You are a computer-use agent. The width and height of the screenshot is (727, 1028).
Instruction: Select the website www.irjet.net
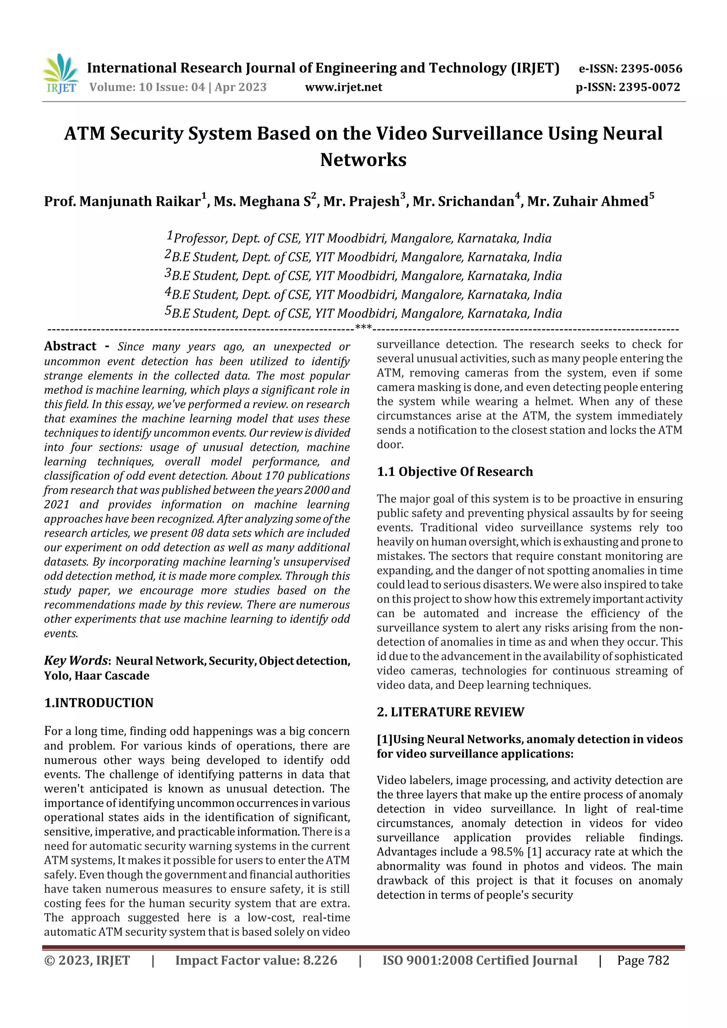click(x=344, y=87)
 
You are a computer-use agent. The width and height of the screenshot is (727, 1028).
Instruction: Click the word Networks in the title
click(x=363, y=160)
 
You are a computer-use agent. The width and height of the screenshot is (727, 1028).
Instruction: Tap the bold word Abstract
click(x=70, y=346)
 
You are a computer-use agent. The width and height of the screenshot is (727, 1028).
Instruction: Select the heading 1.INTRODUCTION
click(x=99, y=703)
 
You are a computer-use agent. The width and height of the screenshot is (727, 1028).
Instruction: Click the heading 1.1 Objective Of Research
click(x=455, y=472)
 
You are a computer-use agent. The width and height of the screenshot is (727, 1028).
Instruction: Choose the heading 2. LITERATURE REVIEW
click(x=450, y=712)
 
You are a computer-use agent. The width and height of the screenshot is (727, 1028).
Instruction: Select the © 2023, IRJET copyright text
click(x=87, y=960)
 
